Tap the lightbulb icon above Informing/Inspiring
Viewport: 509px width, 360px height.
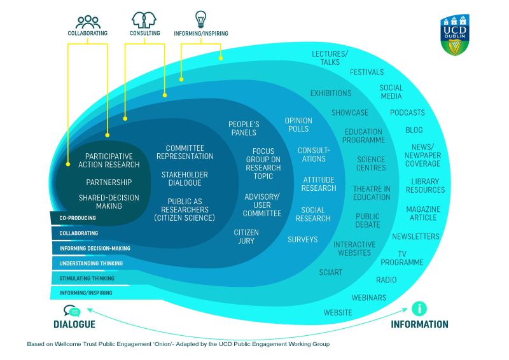200,19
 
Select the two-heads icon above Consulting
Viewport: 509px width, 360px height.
144,19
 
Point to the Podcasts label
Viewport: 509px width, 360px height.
407,113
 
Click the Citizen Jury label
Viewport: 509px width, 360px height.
246,237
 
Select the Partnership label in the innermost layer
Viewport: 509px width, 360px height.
109,182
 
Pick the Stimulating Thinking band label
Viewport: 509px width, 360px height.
87,279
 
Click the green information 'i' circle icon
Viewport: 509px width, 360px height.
419,309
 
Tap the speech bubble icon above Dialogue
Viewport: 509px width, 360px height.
72,311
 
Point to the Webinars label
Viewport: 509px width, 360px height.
369,298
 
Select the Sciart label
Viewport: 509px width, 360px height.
331,272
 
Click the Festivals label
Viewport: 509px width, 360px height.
367,73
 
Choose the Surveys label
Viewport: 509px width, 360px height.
302,240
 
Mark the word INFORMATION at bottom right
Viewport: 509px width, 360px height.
419,324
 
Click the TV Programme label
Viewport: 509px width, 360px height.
401,258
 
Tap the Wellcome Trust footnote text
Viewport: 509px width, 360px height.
178,344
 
